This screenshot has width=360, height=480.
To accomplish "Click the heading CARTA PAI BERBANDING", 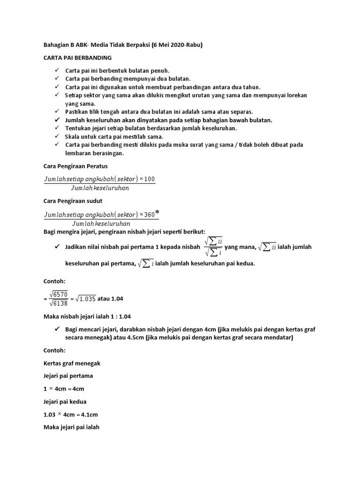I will pos(77,58).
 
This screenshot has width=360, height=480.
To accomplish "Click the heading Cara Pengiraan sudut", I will pos(73,201).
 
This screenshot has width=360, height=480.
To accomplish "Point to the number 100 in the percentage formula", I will pos(150,179).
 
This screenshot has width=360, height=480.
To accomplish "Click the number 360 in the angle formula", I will pos(150,215).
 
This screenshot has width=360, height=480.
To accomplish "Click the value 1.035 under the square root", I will pos(87,299).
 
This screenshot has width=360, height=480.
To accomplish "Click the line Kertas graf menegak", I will pos(72,363).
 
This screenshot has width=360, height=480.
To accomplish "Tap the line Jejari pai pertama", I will pos(68,376).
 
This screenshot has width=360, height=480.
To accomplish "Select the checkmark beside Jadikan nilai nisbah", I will pos(57,247).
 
